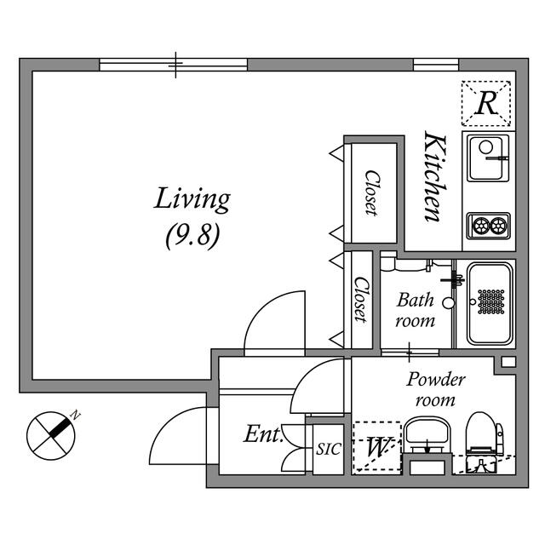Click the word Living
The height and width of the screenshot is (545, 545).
point(192,199)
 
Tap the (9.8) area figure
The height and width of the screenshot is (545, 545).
point(192,234)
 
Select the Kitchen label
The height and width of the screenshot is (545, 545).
point(434,177)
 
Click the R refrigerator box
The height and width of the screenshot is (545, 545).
point(486,103)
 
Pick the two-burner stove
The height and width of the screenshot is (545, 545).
point(488,226)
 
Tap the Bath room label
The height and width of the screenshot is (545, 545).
point(416,310)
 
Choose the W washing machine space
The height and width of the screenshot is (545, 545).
point(376,446)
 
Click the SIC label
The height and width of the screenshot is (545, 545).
point(327,448)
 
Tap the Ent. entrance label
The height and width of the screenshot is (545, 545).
point(263,435)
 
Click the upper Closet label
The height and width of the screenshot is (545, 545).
point(371,193)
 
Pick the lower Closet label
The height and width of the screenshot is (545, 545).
point(361,300)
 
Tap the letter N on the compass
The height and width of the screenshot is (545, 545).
point(76,416)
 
